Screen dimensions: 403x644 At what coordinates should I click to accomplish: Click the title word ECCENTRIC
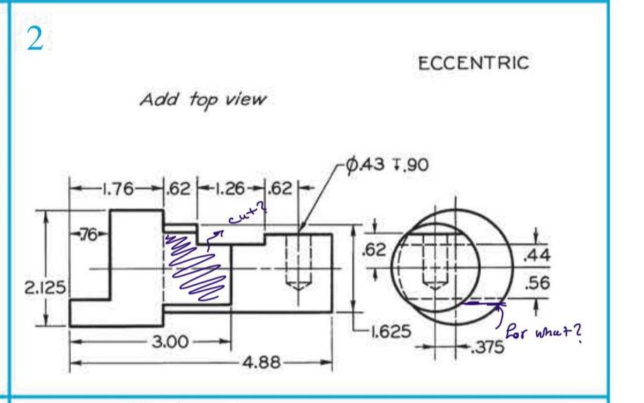473,63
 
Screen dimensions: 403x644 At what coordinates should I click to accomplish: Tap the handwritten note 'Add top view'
202,100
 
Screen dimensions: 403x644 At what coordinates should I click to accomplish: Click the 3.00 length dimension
168,342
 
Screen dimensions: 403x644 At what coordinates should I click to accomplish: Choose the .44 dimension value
536,257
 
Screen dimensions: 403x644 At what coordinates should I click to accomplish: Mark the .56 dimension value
536,283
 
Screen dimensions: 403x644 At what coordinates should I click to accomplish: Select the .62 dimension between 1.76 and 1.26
181,189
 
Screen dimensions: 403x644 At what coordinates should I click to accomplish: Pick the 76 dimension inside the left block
89,232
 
